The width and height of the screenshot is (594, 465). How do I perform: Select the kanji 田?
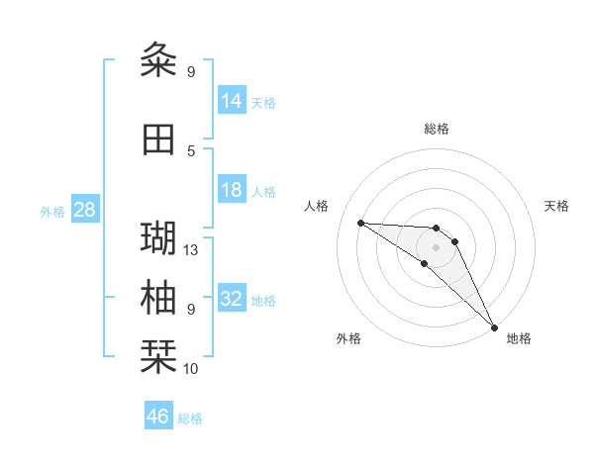click(158, 139)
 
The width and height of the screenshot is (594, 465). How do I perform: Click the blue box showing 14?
click(232, 101)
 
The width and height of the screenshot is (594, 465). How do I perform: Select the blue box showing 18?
click(232, 191)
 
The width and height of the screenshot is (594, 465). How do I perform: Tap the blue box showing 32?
click(232, 299)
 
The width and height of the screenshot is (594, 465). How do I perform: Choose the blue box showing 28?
click(84, 210)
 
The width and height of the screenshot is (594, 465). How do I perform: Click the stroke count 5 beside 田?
click(191, 150)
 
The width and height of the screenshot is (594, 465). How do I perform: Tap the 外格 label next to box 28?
click(52, 211)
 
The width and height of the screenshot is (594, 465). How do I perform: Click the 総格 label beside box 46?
click(190, 418)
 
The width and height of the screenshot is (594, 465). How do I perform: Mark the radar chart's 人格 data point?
click(360, 223)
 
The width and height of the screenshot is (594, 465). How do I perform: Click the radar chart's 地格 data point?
click(493, 325)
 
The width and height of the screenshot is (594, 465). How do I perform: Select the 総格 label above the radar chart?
click(437, 129)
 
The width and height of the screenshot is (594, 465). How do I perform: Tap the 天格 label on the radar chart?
click(556, 206)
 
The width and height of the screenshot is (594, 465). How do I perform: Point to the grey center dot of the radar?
click(437, 246)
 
